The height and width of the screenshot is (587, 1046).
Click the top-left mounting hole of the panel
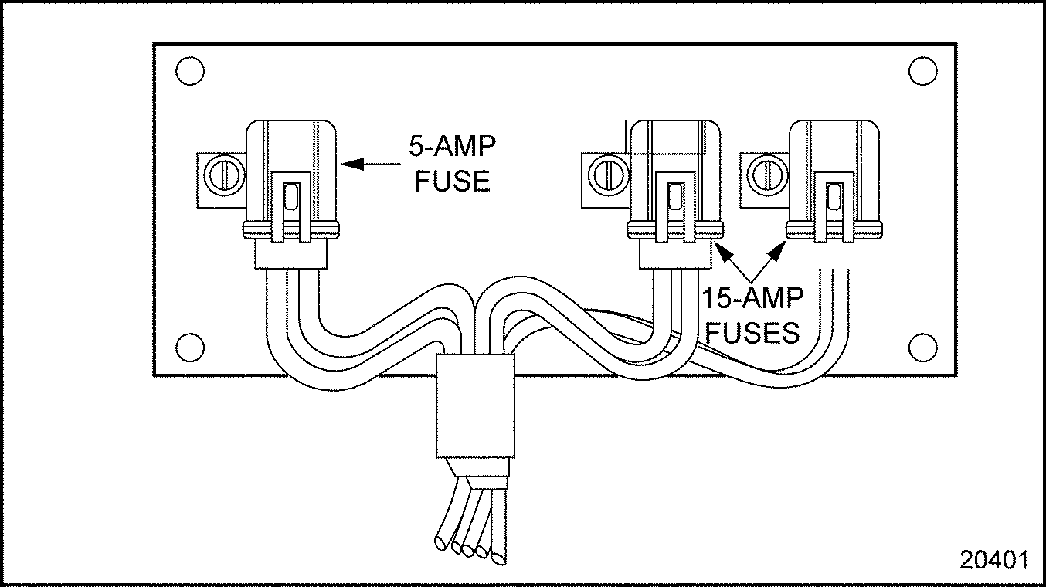tap(189, 71)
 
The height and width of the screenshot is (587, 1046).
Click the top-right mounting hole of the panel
tap(922, 71)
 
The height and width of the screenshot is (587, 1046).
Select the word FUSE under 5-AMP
tap(453, 181)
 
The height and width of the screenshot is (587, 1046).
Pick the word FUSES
tap(752, 332)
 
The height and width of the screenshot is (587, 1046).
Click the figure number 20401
tap(993, 560)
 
